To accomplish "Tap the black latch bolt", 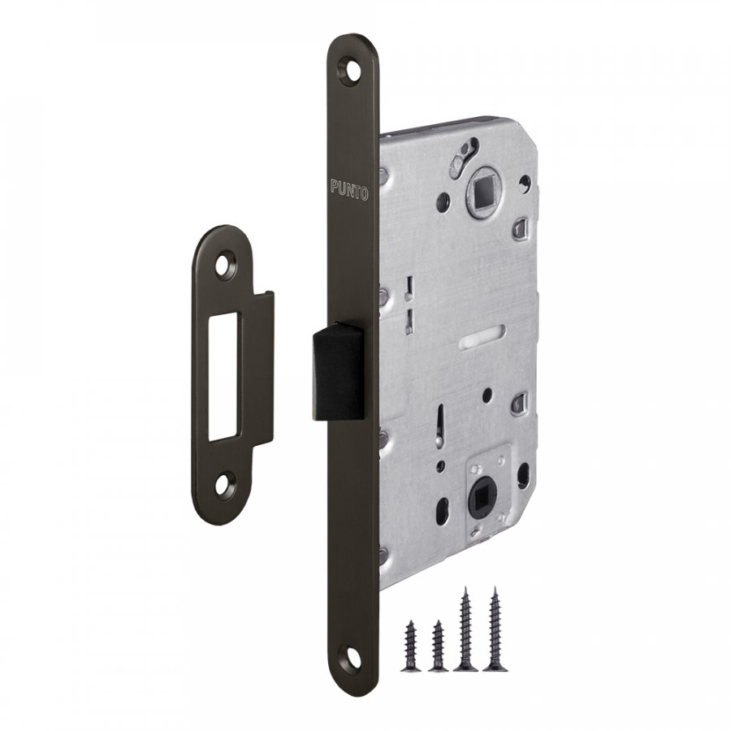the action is pos(339,371).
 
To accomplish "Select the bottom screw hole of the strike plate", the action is pos(226,486).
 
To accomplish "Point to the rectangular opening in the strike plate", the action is pos(223,376).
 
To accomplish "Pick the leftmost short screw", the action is pos(411,646).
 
